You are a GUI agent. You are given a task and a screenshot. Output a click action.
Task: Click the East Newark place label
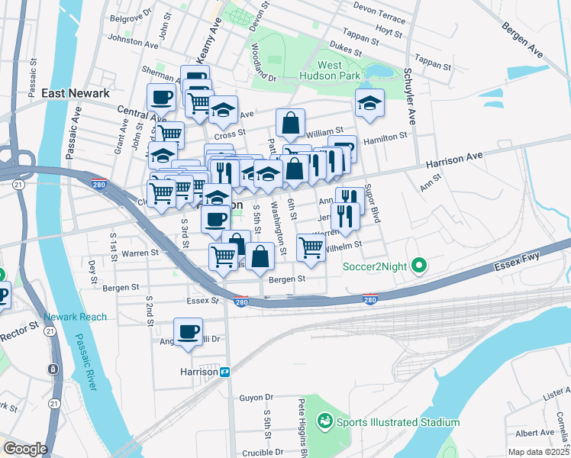[76, 93]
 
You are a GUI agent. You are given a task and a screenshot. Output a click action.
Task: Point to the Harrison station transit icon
[225, 372]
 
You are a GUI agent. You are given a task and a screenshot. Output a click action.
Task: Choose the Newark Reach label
[75, 317]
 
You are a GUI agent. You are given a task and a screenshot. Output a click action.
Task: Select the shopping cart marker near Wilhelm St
[311, 246]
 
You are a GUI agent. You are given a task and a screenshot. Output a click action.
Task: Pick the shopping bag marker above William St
[291, 122]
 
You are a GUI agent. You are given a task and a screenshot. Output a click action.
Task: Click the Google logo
[25, 449]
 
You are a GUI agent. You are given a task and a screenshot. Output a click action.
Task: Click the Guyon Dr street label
[256, 398]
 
